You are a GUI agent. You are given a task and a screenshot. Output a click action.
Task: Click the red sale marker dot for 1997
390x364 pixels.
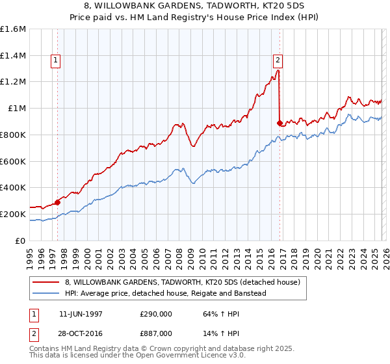(57, 202)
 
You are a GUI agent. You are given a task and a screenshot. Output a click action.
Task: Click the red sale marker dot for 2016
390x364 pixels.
(280, 123)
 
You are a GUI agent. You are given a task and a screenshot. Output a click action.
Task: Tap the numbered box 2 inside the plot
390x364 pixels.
(278, 60)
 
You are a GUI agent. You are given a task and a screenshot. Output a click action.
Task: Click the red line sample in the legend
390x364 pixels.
(45, 282)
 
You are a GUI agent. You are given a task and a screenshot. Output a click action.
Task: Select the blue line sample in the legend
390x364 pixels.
(45, 293)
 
